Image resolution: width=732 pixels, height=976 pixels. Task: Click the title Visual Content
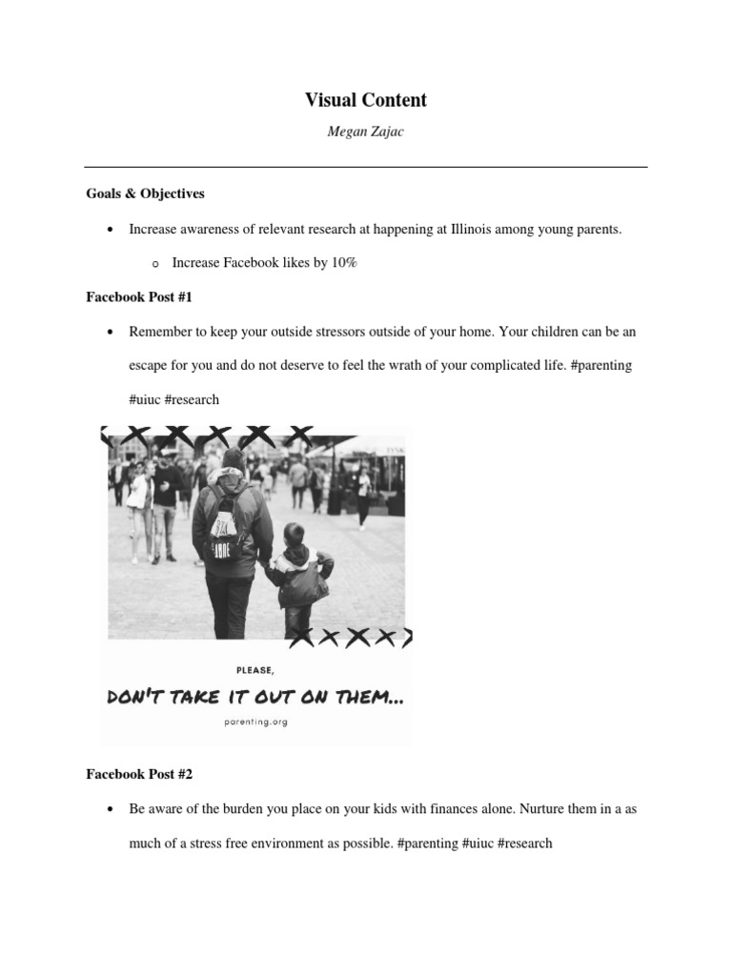(366, 100)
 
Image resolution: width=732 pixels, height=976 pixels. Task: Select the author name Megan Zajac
(366, 132)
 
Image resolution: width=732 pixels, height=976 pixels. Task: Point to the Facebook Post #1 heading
(139, 297)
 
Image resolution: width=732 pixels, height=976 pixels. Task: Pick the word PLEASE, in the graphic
(255, 670)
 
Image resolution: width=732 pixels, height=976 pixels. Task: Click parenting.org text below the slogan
(254, 722)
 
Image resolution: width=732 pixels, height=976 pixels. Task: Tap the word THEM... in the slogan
(365, 698)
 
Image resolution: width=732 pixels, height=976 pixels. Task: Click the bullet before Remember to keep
(112, 333)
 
